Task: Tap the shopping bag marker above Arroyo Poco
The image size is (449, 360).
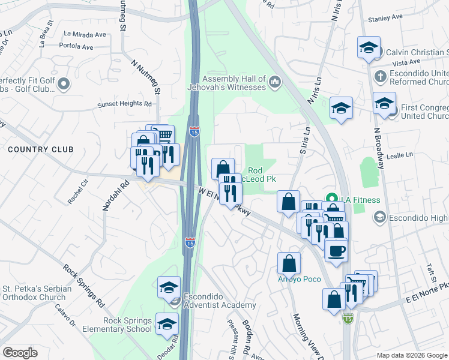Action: pyautogui.click(x=289, y=262)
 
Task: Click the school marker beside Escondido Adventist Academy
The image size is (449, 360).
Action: pyautogui.click(x=169, y=287)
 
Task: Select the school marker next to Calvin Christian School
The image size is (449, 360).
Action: pyautogui.click(x=368, y=48)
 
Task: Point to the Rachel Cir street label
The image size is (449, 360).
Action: pyautogui.click(x=78, y=191)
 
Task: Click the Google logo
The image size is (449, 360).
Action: pyautogui.click(x=20, y=353)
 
